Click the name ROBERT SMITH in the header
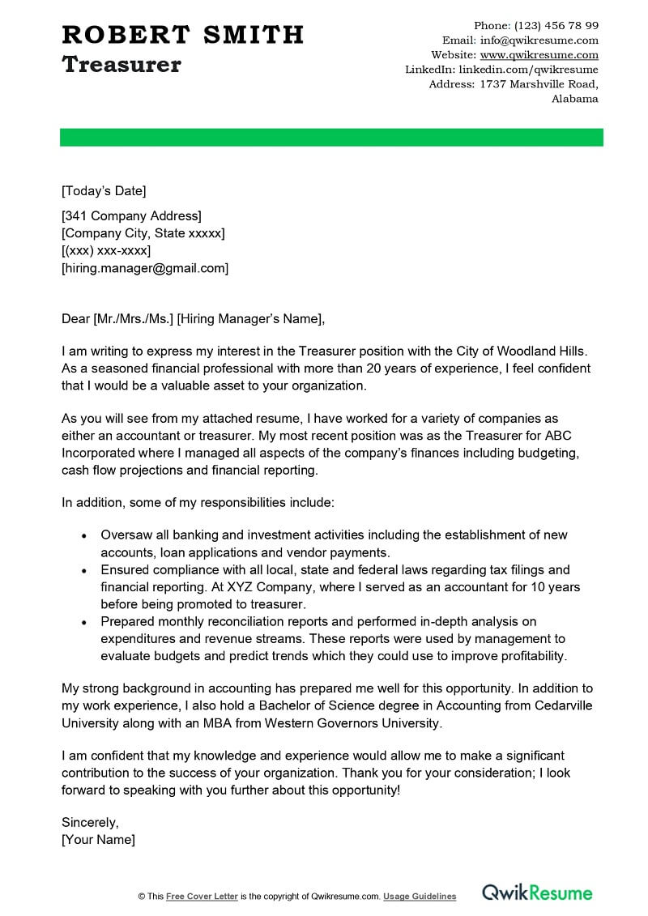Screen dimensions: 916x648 (x=182, y=35)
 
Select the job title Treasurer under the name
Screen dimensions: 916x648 (x=122, y=65)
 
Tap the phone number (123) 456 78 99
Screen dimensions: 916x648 (x=556, y=26)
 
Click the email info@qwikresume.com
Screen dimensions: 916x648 (x=539, y=40)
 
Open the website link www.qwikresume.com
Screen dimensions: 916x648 (x=539, y=55)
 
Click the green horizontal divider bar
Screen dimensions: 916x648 (x=331, y=137)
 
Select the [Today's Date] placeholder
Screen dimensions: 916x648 (x=104, y=191)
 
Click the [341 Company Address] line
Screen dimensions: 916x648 (x=131, y=215)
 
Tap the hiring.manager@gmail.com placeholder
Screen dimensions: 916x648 (x=145, y=268)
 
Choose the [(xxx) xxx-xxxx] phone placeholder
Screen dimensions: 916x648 (x=106, y=250)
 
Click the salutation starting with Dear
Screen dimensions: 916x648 (x=193, y=319)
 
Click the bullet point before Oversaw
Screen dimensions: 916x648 (x=84, y=535)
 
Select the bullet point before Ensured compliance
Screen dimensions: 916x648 (x=84, y=570)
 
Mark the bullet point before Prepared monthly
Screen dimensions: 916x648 (x=84, y=622)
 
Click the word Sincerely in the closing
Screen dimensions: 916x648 (x=89, y=822)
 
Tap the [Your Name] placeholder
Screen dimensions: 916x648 (x=98, y=840)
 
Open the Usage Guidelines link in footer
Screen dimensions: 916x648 (x=420, y=897)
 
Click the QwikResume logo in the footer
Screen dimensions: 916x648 (x=537, y=893)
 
